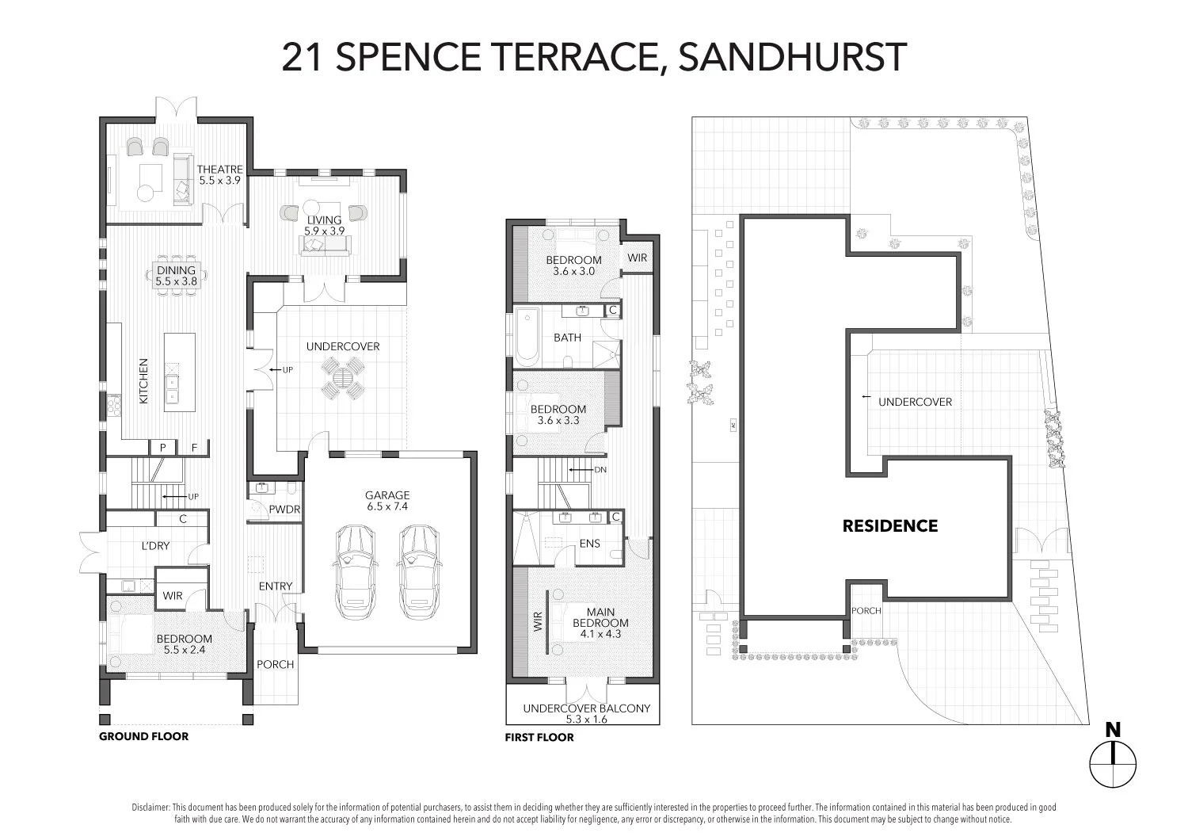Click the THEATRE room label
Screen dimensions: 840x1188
[219, 170]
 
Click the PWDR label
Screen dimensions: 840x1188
[284, 510]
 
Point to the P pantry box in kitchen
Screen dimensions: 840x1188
[163, 448]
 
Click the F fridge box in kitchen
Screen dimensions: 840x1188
[194, 448]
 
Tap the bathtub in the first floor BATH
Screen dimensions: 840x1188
[526, 338]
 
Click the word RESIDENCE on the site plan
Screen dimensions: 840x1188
[890, 526]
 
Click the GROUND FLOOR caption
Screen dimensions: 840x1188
[143, 736]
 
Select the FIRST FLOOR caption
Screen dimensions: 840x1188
[539, 737]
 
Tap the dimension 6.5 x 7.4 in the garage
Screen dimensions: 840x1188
[387, 506]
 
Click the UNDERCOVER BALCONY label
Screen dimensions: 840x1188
[585, 708]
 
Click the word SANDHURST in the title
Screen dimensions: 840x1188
[793, 57]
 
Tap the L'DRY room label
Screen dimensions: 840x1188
[155, 546]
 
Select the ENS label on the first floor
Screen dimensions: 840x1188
[589, 544]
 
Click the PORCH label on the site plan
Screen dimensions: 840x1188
[866, 610]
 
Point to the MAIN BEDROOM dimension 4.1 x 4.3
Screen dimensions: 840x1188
[600, 633]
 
